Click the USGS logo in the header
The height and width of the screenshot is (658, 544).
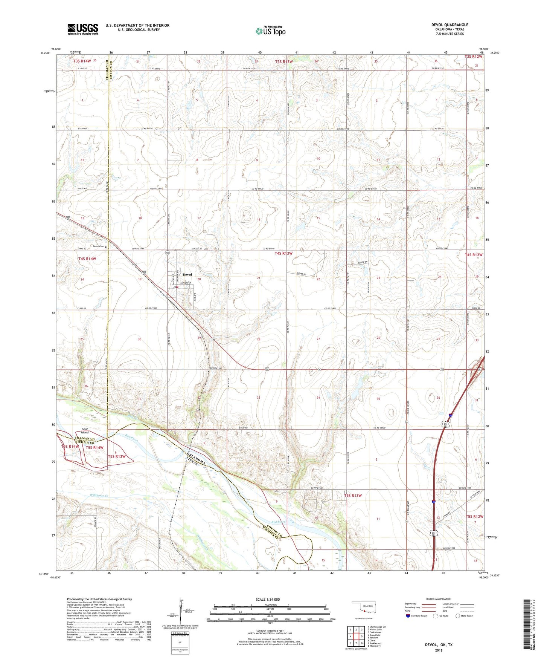[x=83, y=29]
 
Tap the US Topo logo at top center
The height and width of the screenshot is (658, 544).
[x=270, y=31]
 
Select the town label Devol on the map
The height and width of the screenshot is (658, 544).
[x=187, y=274]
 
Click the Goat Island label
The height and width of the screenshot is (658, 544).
[x=85, y=431]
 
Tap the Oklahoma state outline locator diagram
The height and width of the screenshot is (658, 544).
[x=363, y=608]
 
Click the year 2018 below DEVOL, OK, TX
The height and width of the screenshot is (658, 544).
[x=439, y=650]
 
